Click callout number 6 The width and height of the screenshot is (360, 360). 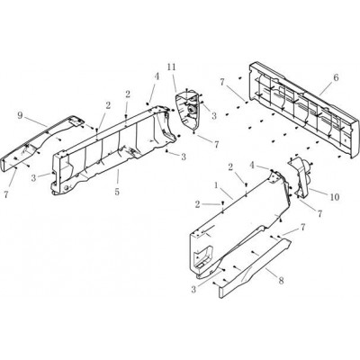click(x=336, y=77)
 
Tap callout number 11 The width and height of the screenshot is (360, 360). click(x=171, y=67)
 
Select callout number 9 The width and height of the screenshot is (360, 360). click(x=20, y=115)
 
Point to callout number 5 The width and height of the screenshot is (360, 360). click(x=117, y=192)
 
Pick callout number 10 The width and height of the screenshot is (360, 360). click(x=335, y=197)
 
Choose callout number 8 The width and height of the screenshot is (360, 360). click(x=281, y=281)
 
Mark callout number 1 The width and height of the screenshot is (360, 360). click(x=216, y=185)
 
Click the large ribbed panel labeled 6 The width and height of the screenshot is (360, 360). click(x=303, y=110)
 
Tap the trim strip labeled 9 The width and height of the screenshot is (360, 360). click(x=39, y=142)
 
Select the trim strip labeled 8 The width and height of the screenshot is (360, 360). click(x=255, y=263)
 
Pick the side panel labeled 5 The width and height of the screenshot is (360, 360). click(x=114, y=150)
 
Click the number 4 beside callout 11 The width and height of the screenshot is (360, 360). click(x=157, y=76)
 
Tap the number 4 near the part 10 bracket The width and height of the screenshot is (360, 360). click(x=251, y=166)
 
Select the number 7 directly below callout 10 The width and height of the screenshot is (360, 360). click(x=319, y=214)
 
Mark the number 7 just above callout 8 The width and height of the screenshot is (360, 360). click(x=302, y=228)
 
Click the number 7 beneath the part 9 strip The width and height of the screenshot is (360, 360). click(x=6, y=194)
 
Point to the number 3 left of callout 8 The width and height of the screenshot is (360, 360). click(x=193, y=290)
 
